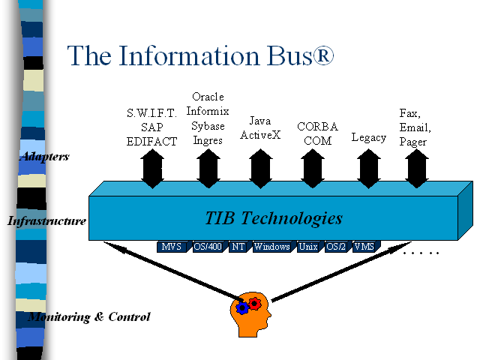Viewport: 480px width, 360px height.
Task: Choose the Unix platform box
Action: click(310, 247)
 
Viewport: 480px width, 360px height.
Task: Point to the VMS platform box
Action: click(366, 247)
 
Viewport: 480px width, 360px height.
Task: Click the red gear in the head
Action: click(254, 304)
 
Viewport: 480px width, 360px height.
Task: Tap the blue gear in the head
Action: click(242, 308)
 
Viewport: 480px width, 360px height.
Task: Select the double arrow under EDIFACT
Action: click(152, 168)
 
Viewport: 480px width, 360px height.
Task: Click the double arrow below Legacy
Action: click(368, 168)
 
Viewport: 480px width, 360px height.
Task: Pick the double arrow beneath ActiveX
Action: click(260, 168)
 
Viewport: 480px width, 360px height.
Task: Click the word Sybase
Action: click(208, 126)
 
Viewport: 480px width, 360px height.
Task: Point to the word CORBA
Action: click(317, 127)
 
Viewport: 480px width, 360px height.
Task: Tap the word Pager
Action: click(412, 142)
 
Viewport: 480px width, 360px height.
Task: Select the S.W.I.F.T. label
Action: click(151, 113)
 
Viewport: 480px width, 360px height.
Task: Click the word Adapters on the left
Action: click(45, 157)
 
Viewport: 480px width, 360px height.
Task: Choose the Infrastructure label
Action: click(46, 220)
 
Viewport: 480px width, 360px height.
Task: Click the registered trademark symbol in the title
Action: click(323, 55)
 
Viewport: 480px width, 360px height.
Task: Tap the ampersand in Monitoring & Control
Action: click(99, 316)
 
